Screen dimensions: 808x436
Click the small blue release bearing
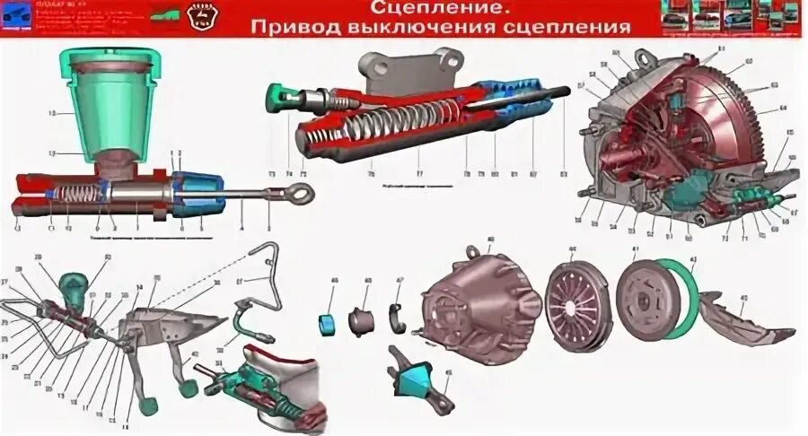tap(329, 321)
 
